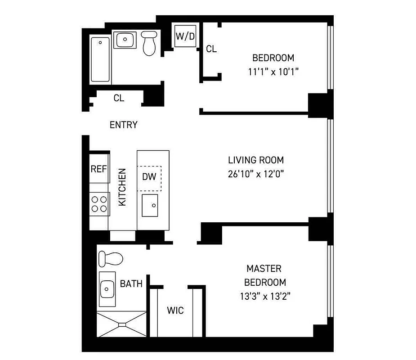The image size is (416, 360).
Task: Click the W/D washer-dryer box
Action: pos(185,36)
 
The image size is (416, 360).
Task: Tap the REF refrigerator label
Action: pos(99,169)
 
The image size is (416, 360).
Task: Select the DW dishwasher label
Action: pos(149,176)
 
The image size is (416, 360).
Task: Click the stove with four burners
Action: pos(99,203)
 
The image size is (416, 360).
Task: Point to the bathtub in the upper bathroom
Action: pos(100,59)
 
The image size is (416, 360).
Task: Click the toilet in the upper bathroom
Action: pos(149,43)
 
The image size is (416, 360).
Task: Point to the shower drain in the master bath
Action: pos(122,324)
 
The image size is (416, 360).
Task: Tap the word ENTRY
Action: pos(123,125)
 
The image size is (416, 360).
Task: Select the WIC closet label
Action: pos(175,310)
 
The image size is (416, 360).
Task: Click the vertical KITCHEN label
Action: pos(122,187)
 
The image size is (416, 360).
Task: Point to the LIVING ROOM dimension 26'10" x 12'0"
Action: pos(255,174)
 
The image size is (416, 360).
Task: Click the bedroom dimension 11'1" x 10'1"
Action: pos(273,72)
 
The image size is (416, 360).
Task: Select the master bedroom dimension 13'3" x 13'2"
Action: pos(264,297)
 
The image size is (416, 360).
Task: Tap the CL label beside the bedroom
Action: pos(211,49)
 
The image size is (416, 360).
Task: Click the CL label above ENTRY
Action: pos(119,98)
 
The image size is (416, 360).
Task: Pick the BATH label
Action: pos(131,284)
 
